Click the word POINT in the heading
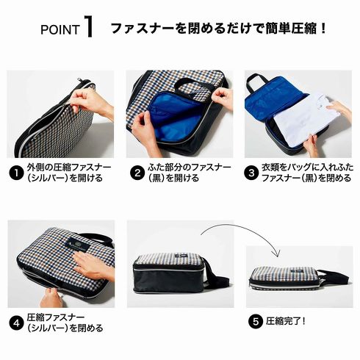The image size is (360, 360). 60,29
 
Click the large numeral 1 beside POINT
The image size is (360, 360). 89,26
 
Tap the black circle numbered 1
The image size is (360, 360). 16,173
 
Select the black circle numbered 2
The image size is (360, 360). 137,173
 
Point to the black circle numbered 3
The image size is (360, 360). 251,173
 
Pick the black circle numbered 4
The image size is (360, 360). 16,323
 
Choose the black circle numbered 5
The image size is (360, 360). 256,321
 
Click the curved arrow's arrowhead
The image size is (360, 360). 278,253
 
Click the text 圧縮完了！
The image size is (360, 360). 286,321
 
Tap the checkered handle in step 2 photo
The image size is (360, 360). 196,90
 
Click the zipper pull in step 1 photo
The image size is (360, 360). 79,81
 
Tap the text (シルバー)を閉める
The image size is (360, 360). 65,328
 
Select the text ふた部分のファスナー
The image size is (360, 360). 190,168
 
